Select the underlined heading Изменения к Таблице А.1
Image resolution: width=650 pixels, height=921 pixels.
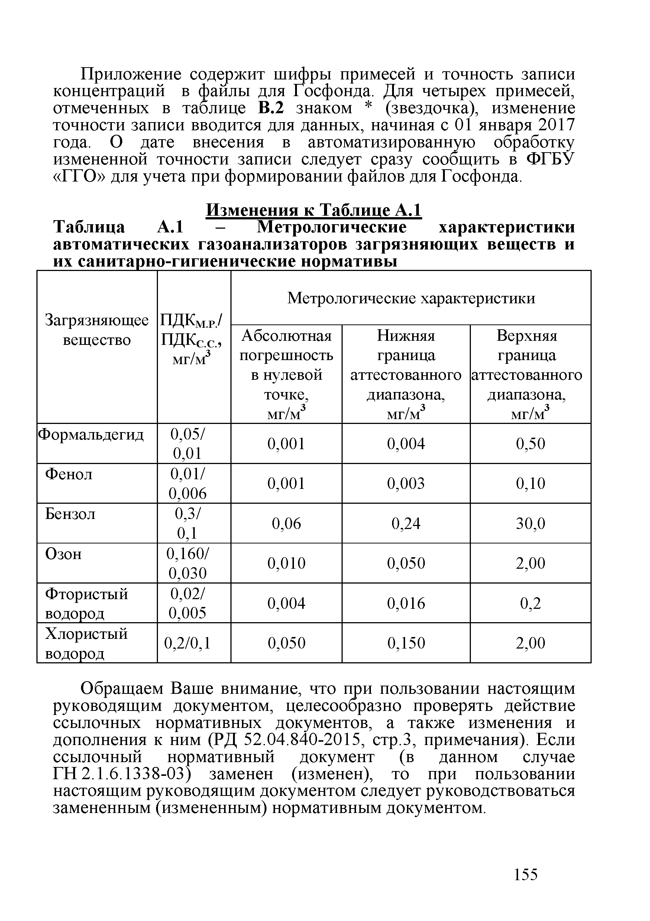[x=313, y=210]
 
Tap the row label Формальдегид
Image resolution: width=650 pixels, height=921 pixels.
[x=91, y=434]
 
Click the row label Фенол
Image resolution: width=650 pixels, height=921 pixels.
[x=69, y=474]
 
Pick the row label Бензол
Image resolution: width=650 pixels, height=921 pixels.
[x=70, y=514]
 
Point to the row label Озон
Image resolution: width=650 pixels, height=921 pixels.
[x=64, y=554]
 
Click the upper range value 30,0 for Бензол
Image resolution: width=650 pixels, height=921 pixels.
[x=530, y=523]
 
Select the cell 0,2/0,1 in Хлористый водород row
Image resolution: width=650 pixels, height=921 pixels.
[x=187, y=643]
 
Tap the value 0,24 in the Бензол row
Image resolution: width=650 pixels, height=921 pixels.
[x=405, y=523]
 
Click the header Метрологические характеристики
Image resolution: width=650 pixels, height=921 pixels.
[x=411, y=298]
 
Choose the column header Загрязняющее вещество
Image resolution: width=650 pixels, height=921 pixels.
[x=97, y=330]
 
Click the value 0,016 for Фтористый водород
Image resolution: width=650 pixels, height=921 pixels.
[x=405, y=603]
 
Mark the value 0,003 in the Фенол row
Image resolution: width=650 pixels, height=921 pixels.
[x=405, y=483]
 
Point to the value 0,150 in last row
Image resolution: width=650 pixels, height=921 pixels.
[x=405, y=643]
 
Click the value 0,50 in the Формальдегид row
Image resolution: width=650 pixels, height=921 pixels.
[x=530, y=444]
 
